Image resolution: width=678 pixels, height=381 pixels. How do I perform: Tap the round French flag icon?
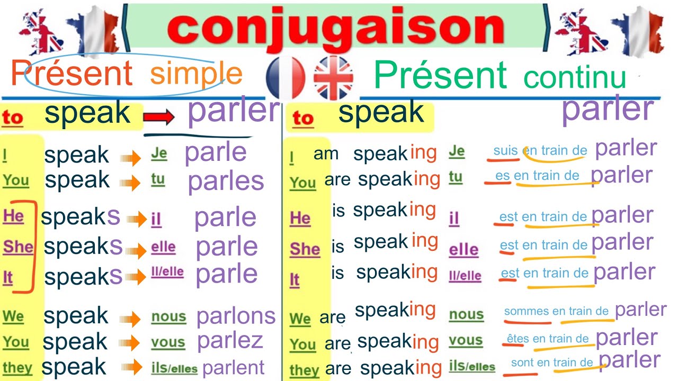[x=286, y=78]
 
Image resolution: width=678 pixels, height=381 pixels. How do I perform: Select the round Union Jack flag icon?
[x=333, y=78]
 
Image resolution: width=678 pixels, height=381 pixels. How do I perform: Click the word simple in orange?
[x=196, y=74]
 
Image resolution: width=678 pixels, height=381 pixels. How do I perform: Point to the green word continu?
[x=575, y=77]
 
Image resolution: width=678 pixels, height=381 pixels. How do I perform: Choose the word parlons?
[x=236, y=316]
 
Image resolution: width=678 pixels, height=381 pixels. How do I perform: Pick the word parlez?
[x=230, y=341]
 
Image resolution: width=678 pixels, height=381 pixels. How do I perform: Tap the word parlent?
[x=233, y=367]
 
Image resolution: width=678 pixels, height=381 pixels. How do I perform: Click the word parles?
[x=226, y=182]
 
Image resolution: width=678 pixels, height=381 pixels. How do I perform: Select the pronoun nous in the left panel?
[x=168, y=317]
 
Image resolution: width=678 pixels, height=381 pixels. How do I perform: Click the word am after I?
[x=326, y=153]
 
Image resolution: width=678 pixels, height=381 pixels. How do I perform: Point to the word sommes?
[x=527, y=311]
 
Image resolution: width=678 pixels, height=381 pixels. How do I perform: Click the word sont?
[x=522, y=362]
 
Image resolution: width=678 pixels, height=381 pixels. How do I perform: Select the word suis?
[x=505, y=151]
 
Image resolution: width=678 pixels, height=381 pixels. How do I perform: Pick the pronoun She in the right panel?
[x=305, y=249]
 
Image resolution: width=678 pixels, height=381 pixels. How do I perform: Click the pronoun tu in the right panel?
[x=455, y=176]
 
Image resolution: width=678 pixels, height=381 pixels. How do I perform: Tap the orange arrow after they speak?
[x=135, y=367]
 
